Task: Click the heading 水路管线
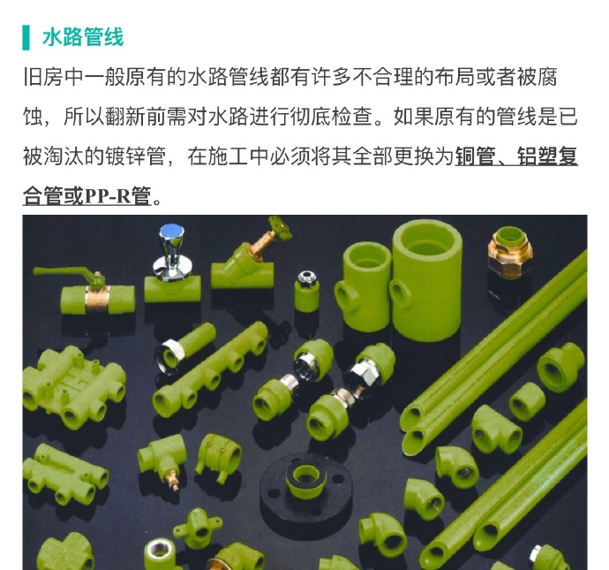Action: (x=82, y=36)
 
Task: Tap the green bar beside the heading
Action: (x=26, y=36)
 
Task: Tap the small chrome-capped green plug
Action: (x=307, y=291)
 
